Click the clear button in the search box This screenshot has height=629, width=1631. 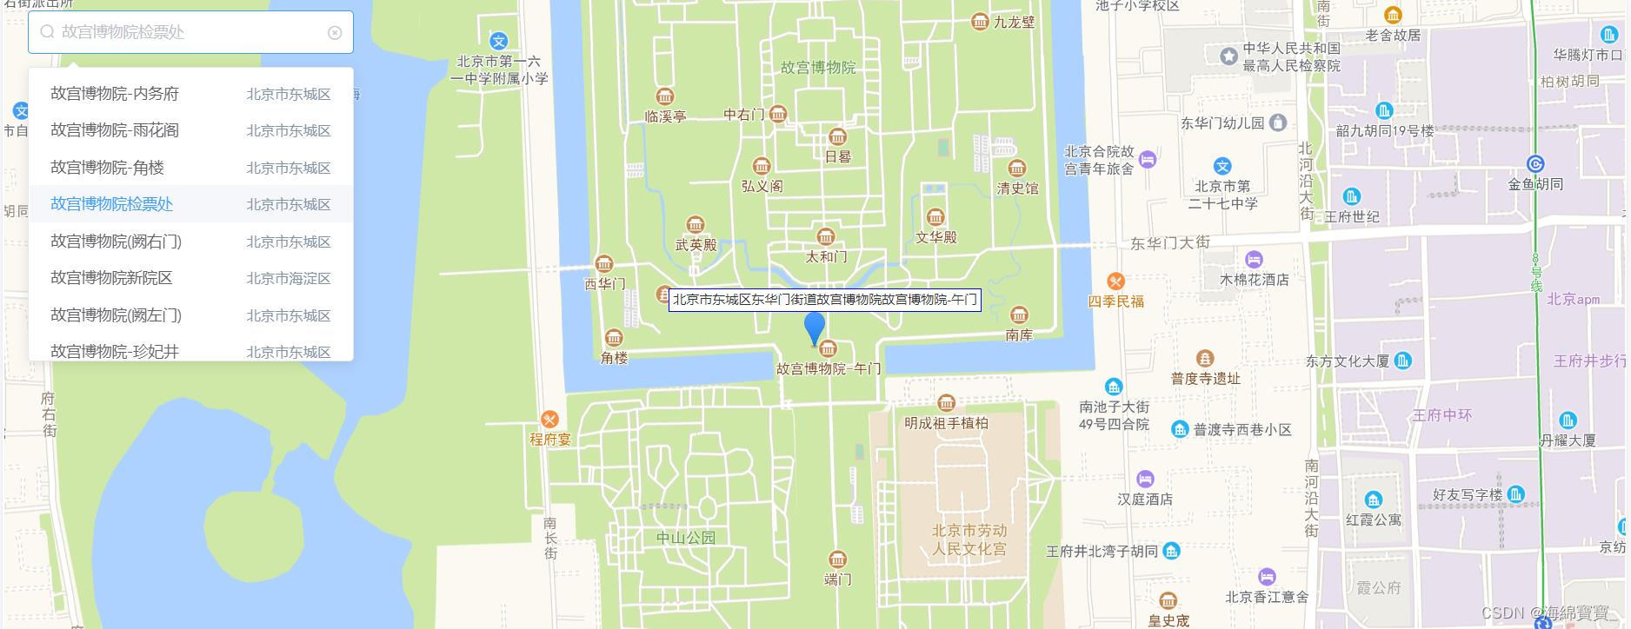tap(335, 33)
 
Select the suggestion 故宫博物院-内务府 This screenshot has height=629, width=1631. tap(115, 94)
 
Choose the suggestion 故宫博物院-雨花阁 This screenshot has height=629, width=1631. tap(115, 130)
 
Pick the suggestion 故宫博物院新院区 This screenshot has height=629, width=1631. tap(111, 278)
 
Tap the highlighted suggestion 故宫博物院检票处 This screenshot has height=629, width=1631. tap(111, 204)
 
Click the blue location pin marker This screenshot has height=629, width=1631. tap(815, 328)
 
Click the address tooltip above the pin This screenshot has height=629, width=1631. tap(824, 300)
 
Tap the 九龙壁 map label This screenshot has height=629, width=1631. tap(1014, 23)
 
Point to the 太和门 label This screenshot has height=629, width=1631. tap(826, 256)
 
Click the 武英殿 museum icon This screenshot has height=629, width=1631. tap(695, 225)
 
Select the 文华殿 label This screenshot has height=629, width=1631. tap(936, 236)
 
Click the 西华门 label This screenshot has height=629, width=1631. tap(604, 283)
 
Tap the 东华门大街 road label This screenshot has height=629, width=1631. tap(1169, 243)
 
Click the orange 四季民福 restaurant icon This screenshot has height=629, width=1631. tap(1115, 281)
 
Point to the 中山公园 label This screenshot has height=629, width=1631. tap(686, 538)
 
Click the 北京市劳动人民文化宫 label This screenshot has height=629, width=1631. tap(969, 540)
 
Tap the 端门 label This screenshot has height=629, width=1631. tap(837, 579)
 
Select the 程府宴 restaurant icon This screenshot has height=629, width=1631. tap(549, 420)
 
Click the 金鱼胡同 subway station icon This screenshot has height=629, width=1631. tap(1535, 164)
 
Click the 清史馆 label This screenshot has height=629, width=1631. tap(1017, 188)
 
